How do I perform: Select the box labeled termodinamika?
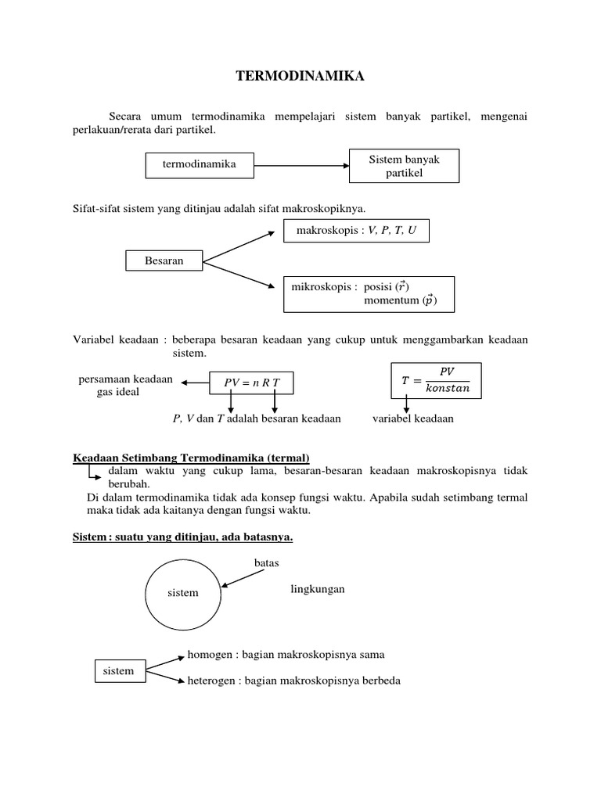pyautogui.click(x=199, y=164)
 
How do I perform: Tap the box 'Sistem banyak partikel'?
pyautogui.click(x=404, y=166)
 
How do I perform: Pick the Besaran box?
pyautogui.click(x=164, y=261)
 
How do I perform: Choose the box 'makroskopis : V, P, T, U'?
pyautogui.click(x=356, y=231)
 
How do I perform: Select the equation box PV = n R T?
pyautogui.click(x=251, y=382)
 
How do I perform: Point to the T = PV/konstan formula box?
pyautogui.click(x=436, y=379)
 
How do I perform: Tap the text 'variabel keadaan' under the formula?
pyautogui.click(x=412, y=418)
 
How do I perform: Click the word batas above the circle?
pyautogui.click(x=267, y=563)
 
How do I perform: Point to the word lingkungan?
pyautogui.click(x=317, y=589)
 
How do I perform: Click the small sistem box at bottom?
pyautogui.click(x=119, y=670)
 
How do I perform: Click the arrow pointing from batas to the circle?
pyautogui.click(x=243, y=578)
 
